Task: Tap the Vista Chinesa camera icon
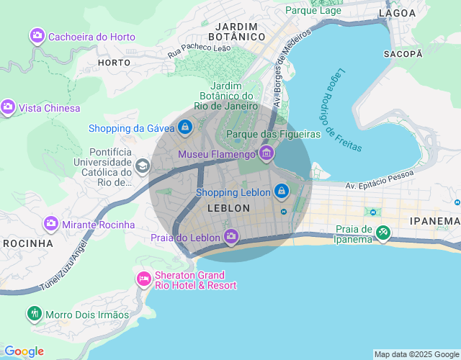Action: point(8,108)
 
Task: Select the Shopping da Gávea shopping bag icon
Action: point(186,127)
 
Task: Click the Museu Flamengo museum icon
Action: point(267,153)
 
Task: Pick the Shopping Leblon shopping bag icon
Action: point(281,192)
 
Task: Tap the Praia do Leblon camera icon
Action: point(231,237)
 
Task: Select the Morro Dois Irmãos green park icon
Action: point(34,314)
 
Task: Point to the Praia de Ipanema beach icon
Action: point(383,233)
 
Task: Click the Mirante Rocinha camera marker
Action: point(51,224)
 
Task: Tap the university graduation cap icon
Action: point(143,167)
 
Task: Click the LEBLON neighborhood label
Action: point(228,208)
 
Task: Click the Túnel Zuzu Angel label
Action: point(63,265)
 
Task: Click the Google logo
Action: point(23,351)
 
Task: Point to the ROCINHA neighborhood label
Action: point(27,243)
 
